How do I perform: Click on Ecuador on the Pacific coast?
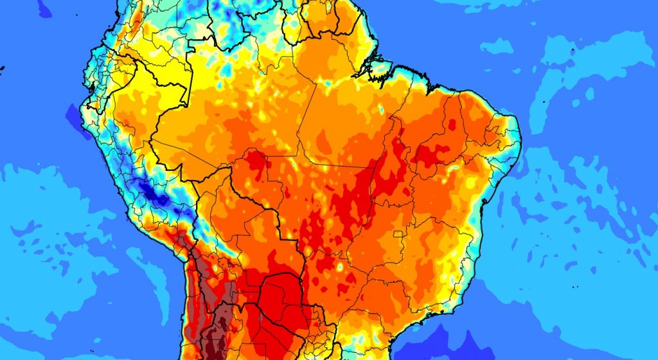103,71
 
